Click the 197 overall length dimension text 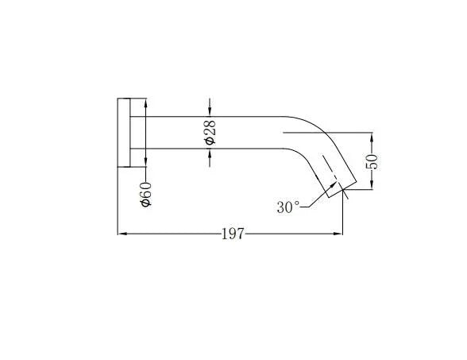coord(233,234)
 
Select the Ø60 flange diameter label coord(145,195)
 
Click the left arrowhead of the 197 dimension coord(122,234)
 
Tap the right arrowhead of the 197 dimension coord(340,234)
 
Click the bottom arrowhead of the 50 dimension coord(372,186)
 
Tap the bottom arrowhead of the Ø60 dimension coord(145,165)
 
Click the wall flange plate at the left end coord(124,133)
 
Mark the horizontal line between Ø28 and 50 coord(326,132)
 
